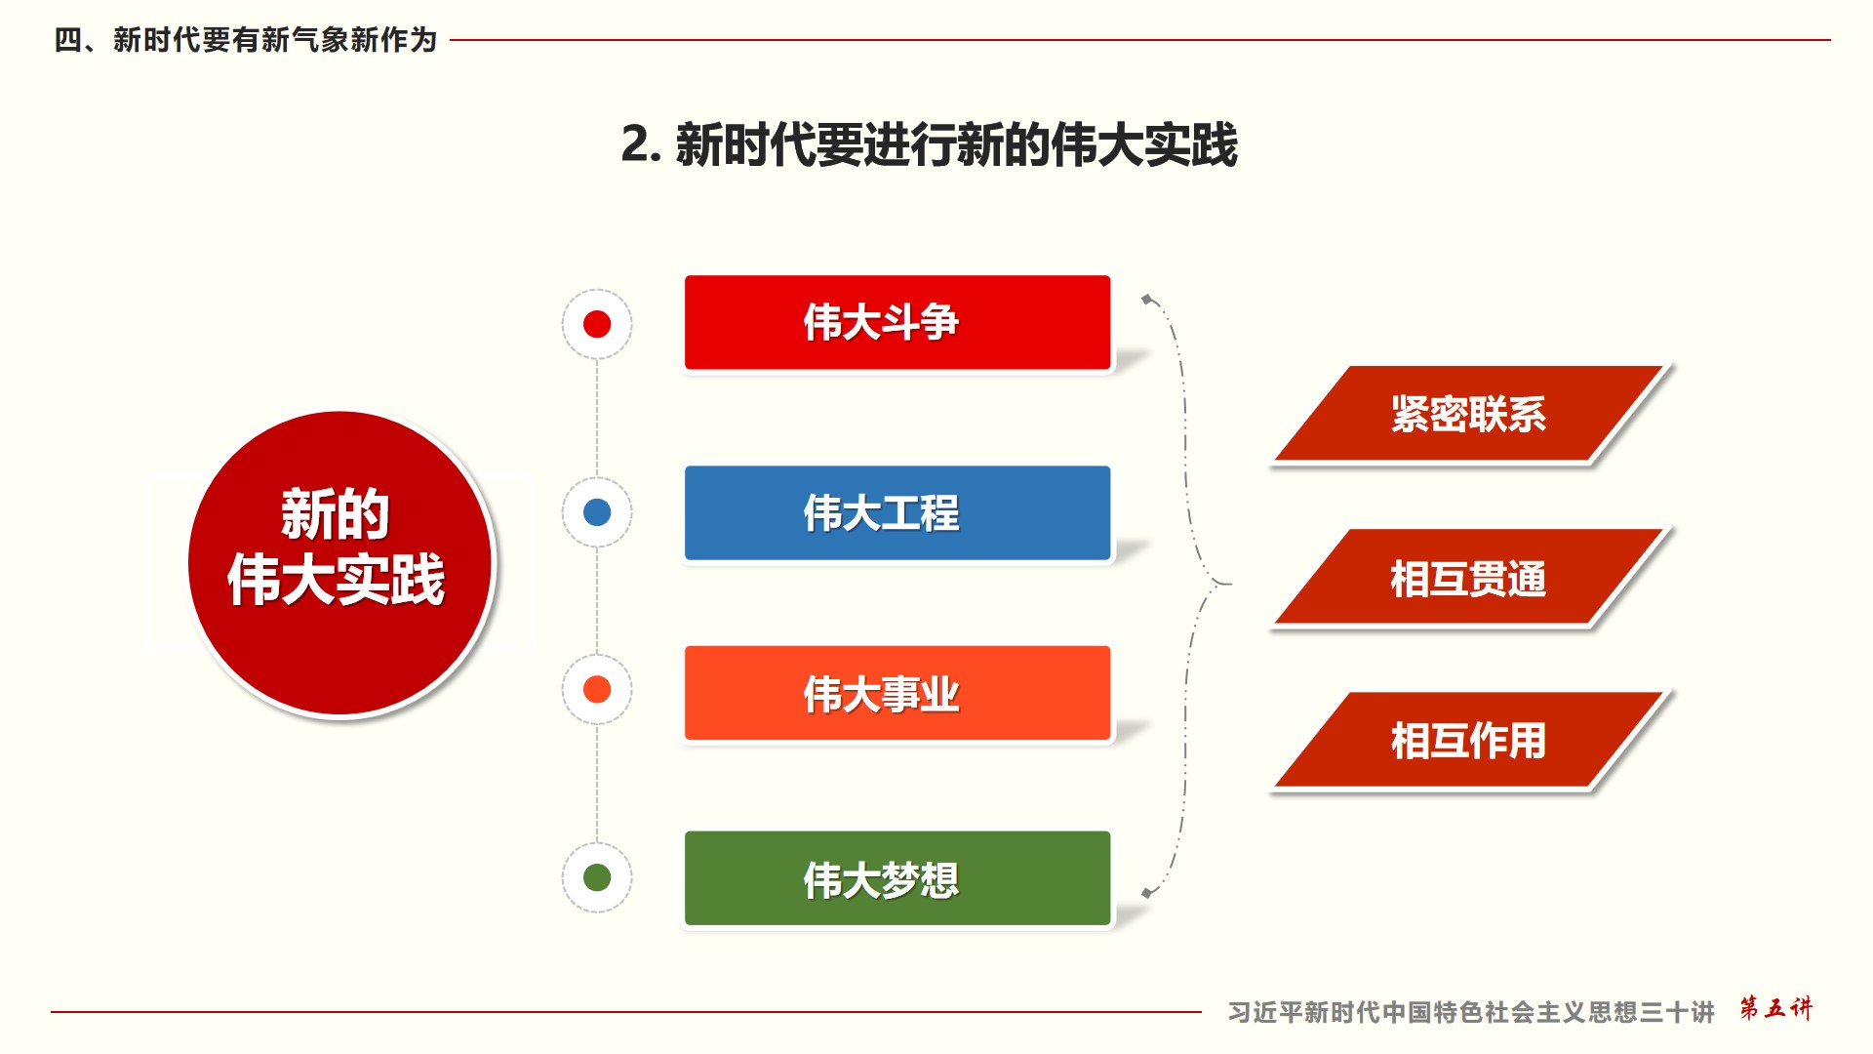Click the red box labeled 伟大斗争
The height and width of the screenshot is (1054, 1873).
(x=897, y=323)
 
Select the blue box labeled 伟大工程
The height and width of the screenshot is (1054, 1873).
(x=897, y=513)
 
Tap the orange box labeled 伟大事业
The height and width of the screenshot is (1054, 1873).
(x=897, y=693)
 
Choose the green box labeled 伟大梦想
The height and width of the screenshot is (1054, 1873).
(x=897, y=878)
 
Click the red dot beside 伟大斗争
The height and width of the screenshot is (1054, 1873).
(x=597, y=324)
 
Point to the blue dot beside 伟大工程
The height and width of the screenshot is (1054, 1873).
(x=597, y=512)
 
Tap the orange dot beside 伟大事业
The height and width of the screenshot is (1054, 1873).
(x=597, y=689)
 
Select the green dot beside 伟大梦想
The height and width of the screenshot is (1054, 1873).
(x=597, y=877)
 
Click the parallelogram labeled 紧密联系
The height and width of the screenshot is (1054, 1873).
(x=1469, y=414)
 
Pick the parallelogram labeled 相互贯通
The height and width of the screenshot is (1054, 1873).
(x=1469, y=578)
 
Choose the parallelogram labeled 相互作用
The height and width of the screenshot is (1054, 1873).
(x=1469, y=740)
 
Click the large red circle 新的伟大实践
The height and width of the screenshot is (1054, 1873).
(x=340, y=563)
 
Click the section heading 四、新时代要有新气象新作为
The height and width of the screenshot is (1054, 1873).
(x=246, y=40)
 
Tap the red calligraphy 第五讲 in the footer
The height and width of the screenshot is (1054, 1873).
(x=1775, y=1008)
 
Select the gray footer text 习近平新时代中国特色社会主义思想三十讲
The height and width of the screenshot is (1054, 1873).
(x=1471, y=1012)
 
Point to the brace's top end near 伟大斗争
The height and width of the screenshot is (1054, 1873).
(x=1147, y=299)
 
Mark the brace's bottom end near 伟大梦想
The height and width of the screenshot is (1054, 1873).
(x=1147, y=892)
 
